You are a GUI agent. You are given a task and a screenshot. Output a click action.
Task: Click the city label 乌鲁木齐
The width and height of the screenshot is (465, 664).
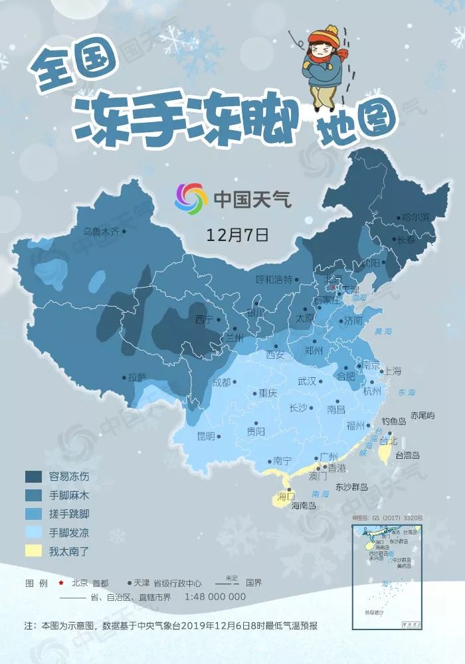tap(101, 232)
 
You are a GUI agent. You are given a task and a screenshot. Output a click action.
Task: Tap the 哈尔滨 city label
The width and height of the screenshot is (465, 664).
tap(417, 217)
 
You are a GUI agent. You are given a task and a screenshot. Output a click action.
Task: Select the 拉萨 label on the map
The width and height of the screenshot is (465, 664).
tap(137, 376)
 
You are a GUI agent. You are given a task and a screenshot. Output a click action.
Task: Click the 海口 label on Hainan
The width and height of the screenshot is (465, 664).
tap(286, 496)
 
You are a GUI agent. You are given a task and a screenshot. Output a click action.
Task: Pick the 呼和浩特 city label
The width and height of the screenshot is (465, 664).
tap(274, 280)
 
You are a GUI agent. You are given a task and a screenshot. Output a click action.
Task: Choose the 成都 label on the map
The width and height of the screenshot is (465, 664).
tap(221, 382)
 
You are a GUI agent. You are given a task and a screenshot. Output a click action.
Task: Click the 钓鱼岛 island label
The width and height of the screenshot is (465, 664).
tap(394, 421)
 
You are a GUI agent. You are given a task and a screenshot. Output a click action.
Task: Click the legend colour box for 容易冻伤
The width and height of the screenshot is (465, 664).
tap(35, 476)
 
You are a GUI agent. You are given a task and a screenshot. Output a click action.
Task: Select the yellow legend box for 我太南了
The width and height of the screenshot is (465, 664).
tap(35, 550)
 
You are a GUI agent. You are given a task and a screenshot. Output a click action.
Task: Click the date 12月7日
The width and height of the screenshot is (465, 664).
tap(237, 234)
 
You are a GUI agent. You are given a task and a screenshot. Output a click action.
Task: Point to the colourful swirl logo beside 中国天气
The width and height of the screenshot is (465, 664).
tap(191, 198)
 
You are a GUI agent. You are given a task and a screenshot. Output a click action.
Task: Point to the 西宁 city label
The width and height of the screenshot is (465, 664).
tap(205, 319)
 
